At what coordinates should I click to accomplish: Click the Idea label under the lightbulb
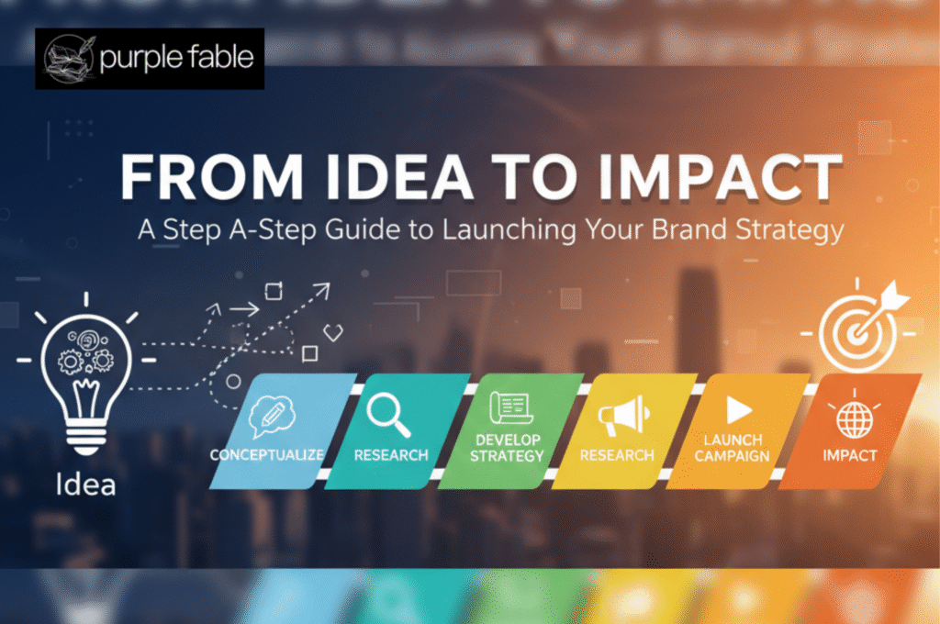click(84, 484)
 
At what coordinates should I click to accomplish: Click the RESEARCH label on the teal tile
click(391, 455)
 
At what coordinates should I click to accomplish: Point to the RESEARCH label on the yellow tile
click(617, 455)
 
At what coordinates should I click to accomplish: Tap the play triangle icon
click(739, 410)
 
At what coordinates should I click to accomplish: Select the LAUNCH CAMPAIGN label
click(735, 448)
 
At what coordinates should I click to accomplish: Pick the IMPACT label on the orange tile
click(849, 455)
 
